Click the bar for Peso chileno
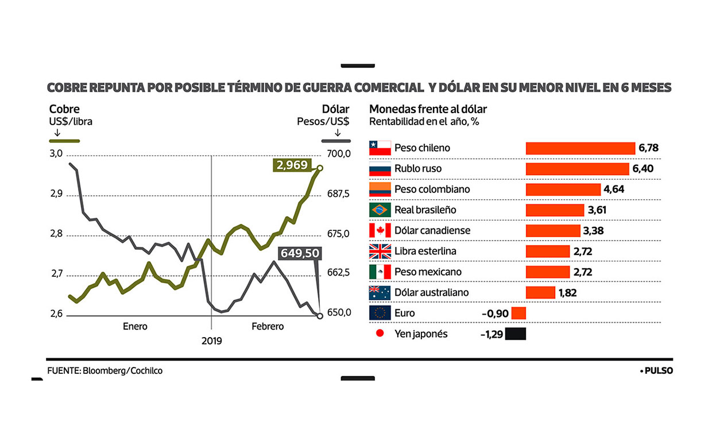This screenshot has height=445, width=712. [x=580, y=148]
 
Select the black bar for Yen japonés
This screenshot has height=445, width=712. [x=516, y=334]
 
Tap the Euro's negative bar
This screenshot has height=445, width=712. [x=518, y=314]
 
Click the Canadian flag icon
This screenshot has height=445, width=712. [x=380, y=231]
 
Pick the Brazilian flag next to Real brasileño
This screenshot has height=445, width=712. [x=380, y=210]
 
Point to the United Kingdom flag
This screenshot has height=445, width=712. [x=380, y=251]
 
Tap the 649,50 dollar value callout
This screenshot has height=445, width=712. [x=299, y=254]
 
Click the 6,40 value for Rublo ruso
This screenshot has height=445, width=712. [x=643, y=169]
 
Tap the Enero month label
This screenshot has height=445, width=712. [x=135, y=327]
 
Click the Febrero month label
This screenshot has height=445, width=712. [x=268, y=327]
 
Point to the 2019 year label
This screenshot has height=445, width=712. [x=211, y=341]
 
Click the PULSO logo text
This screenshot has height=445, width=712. [x=658, y=371]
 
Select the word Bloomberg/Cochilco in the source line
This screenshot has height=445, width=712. [x=122, y=371]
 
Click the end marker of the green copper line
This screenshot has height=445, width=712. [x=320, y=168]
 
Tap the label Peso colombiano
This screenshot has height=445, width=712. [x=432, y=189]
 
